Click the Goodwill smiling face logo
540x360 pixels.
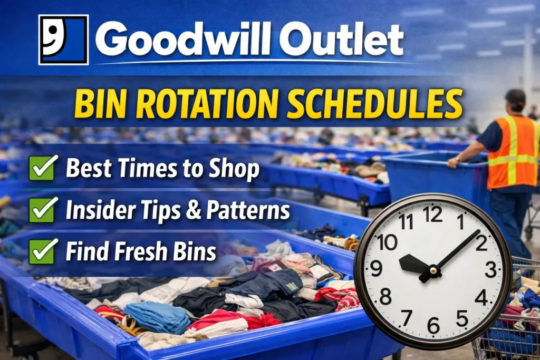click(x=63, y=40)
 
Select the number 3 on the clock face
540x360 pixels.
click(x=490, y=270)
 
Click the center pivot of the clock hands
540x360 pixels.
click(x=433, y=271)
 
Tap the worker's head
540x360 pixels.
click(x=515, y=101)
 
